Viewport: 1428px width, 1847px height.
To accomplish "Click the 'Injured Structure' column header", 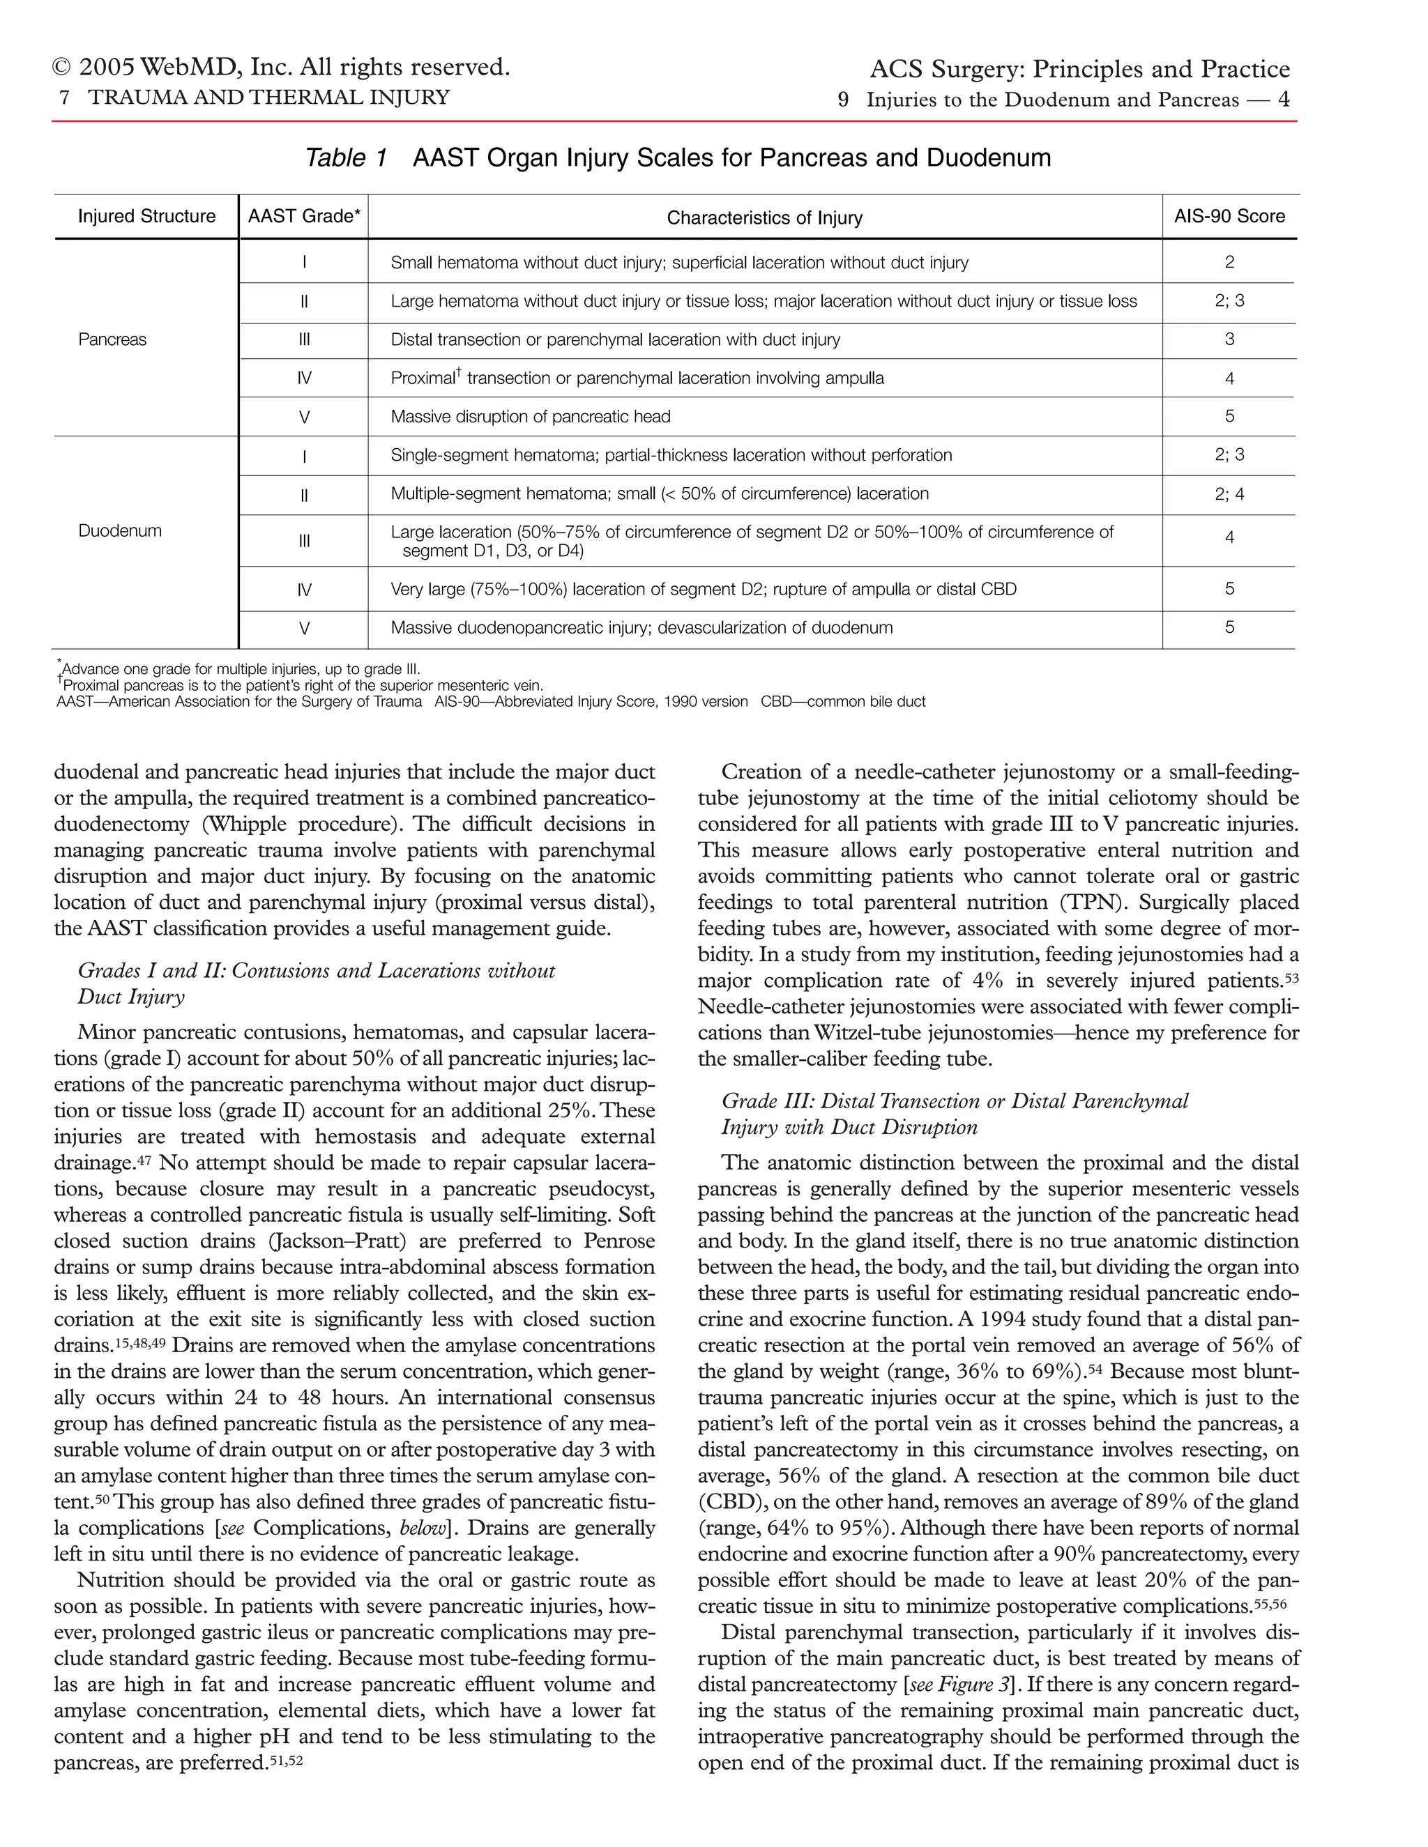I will (146, 217).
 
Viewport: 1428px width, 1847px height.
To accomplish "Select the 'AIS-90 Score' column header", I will (1229, 217).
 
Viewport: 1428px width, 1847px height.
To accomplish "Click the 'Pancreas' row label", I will (112, 340).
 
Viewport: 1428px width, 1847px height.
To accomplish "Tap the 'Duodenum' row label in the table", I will (119, 531).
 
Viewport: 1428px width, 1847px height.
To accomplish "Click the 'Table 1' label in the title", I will (345, 158).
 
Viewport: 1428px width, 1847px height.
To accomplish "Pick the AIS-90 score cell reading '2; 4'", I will (1229, 494).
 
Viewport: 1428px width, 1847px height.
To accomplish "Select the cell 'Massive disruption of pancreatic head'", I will (530, 417).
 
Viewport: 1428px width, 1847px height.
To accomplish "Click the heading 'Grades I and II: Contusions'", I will (316, 971).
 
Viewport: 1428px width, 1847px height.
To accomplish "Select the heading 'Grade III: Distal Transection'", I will (955, 1101).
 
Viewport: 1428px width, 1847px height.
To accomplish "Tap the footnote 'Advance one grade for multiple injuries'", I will (241, 669).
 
